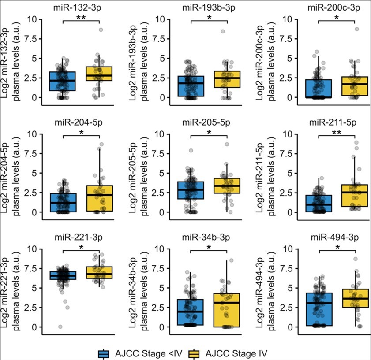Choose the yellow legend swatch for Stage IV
195,353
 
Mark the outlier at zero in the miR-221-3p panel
60,327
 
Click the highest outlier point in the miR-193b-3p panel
223,31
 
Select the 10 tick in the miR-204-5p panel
23,134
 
